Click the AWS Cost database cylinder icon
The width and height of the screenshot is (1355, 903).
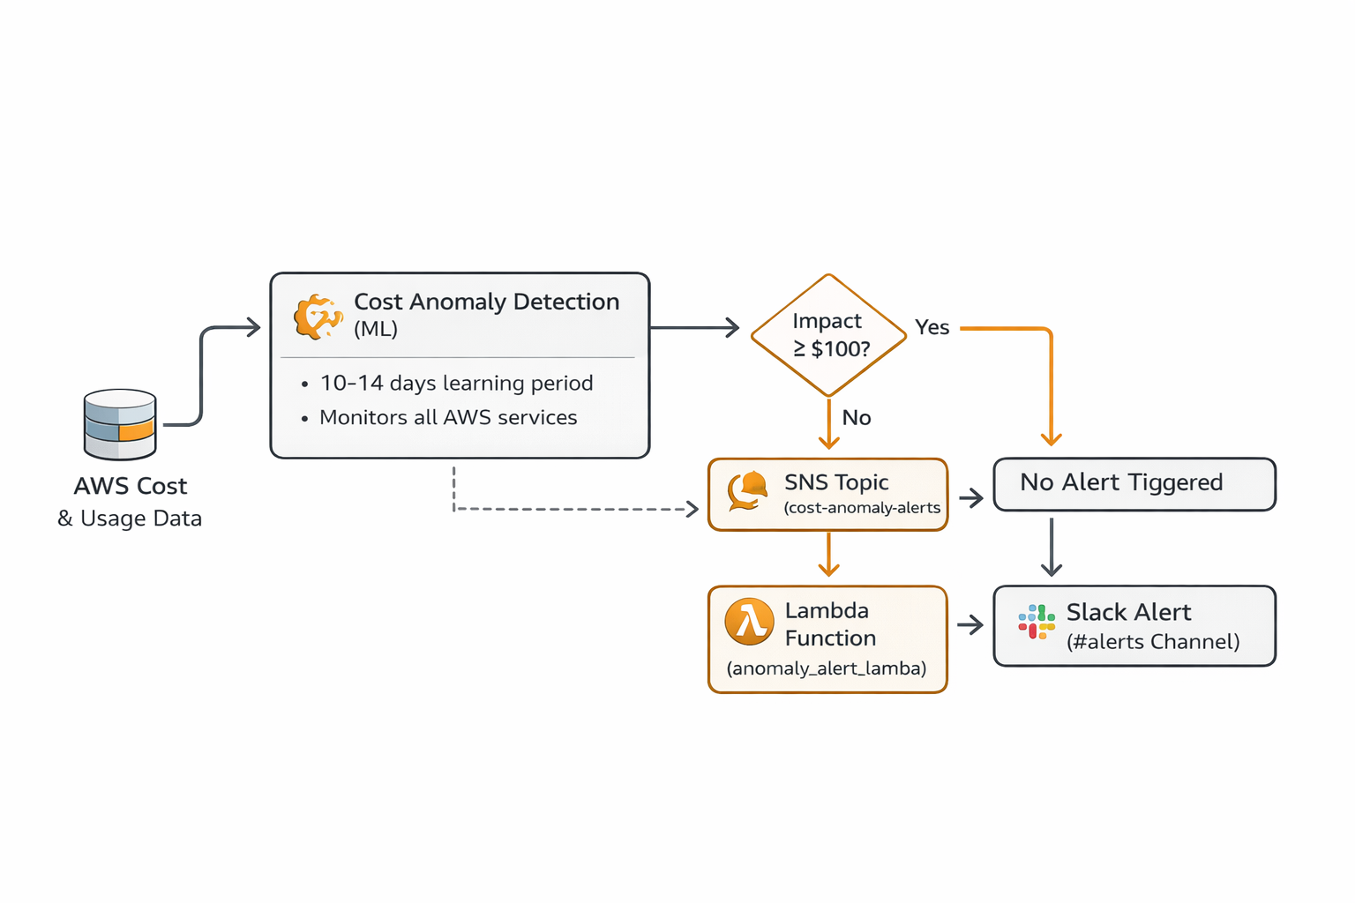[x=120, y=424]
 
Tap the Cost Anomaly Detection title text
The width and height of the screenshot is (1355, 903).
[x=486, y=302]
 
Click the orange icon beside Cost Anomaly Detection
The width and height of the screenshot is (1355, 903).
[x=318, y=317]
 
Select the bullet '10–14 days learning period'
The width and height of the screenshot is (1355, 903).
[x=456, y=384]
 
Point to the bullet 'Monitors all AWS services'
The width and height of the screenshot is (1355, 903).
[x=448, y=418]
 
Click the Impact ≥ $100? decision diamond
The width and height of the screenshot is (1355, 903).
[x=828, y=335]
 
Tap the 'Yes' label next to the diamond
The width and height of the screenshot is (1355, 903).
[x=932, y=327]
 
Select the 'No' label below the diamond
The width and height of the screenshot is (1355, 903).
[x=856, y=418]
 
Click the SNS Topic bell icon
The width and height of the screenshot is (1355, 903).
[x=747, y=491]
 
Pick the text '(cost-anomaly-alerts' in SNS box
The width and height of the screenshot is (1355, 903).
[x=862, y=508]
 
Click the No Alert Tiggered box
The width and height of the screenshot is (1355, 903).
[x=1134, y=483]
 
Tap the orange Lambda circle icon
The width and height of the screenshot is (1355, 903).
[x=749, y=622]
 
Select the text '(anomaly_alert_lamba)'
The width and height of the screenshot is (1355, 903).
[x=827, y=668]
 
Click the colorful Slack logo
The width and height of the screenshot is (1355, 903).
[x=1037, y=622]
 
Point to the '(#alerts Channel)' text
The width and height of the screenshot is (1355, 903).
[x=1152, y=642]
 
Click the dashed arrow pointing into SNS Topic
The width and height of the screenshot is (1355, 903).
[x=573, y=509]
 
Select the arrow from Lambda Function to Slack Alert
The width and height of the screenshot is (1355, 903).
[x=970, y=625]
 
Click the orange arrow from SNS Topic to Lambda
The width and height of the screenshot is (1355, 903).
[x=828, y=556]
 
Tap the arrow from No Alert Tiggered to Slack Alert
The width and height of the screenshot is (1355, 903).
[x=1051, y=547]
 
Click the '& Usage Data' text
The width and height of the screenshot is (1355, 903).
[x=130, y=519]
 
